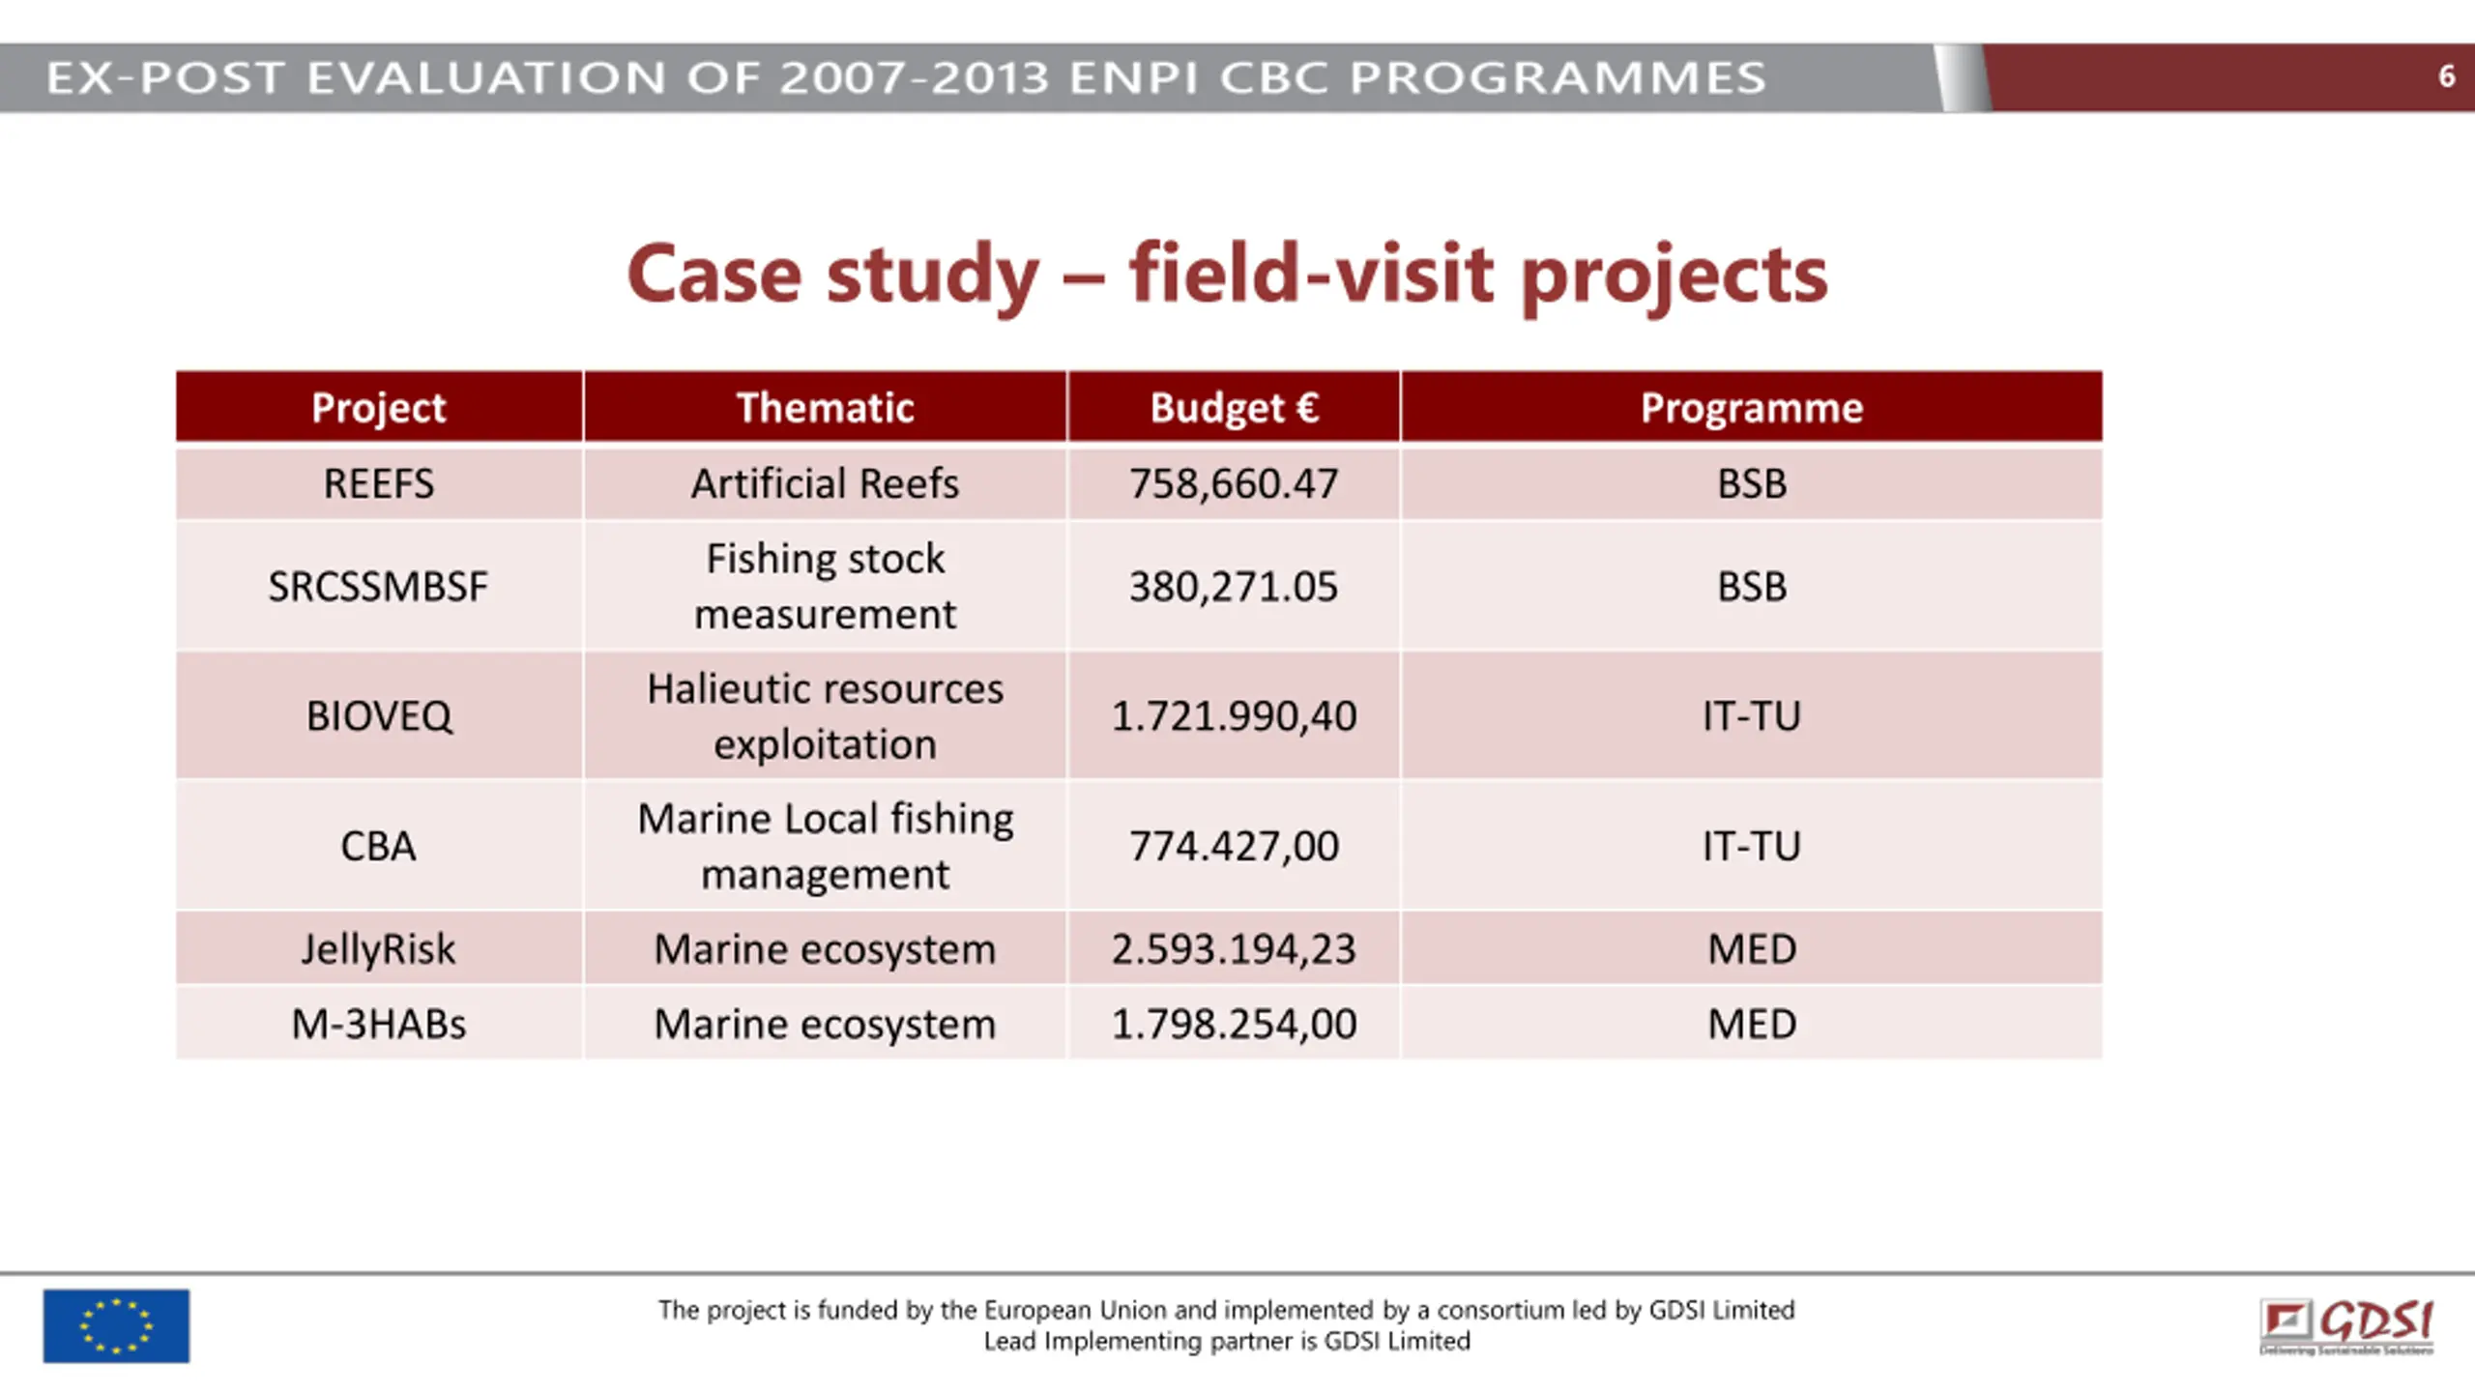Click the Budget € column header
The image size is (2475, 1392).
(x=1234, y=408)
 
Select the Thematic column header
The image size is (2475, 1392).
(x=825, y=408)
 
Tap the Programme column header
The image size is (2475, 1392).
(x=1751, y=408)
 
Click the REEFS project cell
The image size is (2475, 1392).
(x=378, y=483)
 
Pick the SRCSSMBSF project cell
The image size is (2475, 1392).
(x=378, y=587)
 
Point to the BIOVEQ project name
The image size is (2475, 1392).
(x=378, y=716)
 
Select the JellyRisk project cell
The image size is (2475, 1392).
(x=378, y=949)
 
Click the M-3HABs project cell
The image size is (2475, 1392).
(x=378, y=1024)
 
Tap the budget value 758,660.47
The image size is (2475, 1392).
(x=1234, y=483)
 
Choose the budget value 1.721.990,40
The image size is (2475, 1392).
(x=1234, y=716)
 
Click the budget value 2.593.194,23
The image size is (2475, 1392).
(x=1234, y=949)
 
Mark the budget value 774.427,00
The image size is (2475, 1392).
(x=1234, y=847)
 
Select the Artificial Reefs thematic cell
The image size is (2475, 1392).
(x=825, y=483)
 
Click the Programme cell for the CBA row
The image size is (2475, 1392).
(x=1751, y=847)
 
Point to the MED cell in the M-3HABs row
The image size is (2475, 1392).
(x=1751, y=1024)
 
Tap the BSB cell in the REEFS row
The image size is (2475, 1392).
(x=1751, y=483)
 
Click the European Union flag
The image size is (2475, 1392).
(x=116, y=1325)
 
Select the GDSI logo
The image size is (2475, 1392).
(x=2346, y=1325)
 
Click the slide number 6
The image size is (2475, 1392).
(x=2446, y=76)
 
